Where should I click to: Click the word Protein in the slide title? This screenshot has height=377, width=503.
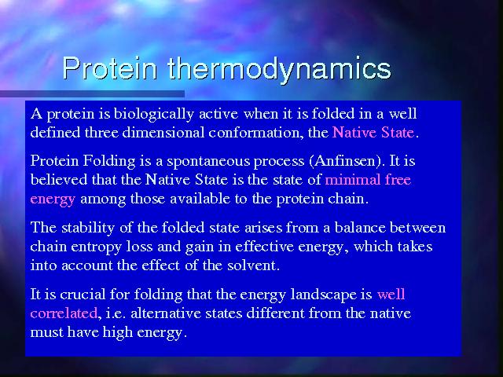tap(110, 68)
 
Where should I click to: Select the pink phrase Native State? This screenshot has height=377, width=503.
tap(373, 133)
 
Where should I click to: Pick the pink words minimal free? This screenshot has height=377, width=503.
tap(368, 179)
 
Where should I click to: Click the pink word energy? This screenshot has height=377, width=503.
tap(53, 199)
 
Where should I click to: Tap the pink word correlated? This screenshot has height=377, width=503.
tap(64, 313)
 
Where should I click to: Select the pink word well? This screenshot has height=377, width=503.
tap(391, 294)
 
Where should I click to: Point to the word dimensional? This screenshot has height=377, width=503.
tap(163, 133)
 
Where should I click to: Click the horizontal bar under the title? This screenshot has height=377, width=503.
tap(92, 94)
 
